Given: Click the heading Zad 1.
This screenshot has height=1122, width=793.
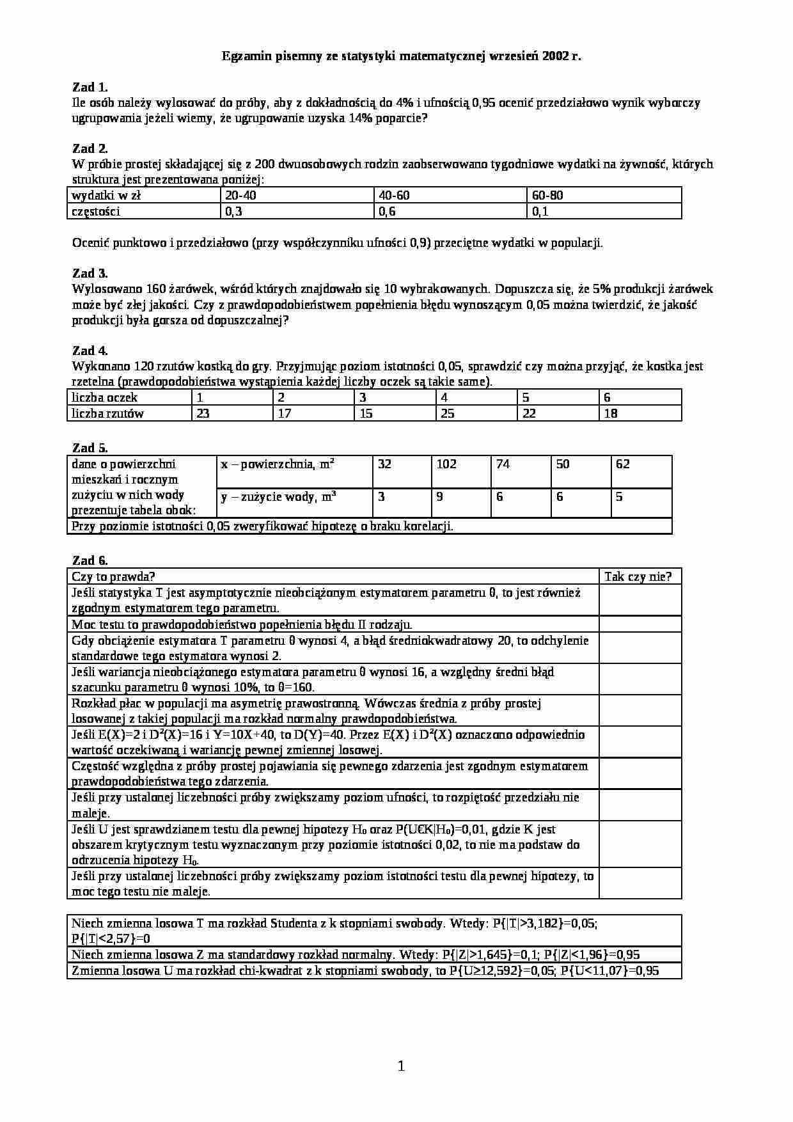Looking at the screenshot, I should click(90, 87).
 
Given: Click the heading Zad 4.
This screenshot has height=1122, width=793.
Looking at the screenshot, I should click(90, 351).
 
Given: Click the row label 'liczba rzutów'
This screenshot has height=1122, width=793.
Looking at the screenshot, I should click(107, 413).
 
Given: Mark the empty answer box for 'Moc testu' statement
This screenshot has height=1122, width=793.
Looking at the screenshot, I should click(640, 624).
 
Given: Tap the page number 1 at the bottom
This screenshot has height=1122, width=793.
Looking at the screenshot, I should click(401, 1066).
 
